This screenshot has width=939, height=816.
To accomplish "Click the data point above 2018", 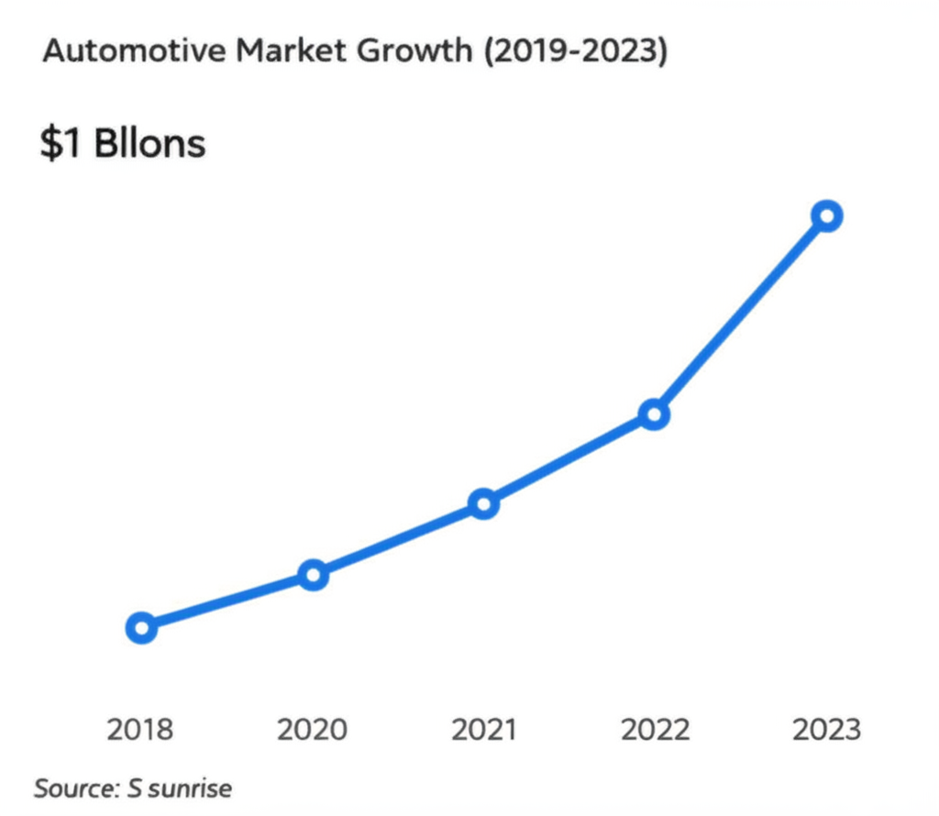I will pos(141,628).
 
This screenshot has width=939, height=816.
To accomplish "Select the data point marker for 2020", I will pos(313,576).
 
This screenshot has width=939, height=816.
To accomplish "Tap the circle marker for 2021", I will pos(483,503).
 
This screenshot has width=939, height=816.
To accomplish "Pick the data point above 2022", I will pos(654,414).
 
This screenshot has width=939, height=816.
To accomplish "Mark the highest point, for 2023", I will pos(826,216).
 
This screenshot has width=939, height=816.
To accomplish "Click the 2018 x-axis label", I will pos(140,730).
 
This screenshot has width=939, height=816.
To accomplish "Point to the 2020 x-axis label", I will pos(313,730).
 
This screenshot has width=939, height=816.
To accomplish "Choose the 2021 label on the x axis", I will pos(484,730).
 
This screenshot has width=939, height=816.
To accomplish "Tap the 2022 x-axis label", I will pos(655,730).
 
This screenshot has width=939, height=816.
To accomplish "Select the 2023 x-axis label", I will pos(826,730).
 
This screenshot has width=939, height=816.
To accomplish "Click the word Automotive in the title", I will pos(122,52).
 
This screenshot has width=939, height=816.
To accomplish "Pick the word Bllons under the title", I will pos(149,144).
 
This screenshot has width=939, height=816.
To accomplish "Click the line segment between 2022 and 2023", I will pos(740,315).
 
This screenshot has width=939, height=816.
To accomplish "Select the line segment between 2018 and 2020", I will pos(226,602).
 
